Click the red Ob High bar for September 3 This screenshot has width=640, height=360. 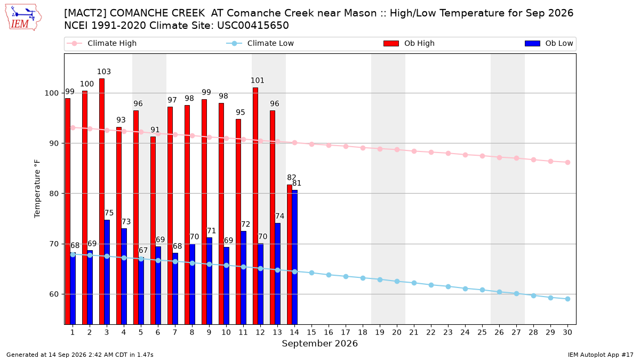coord(102,202)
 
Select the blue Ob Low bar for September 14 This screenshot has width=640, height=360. coord(294,257)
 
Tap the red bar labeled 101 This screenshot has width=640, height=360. coord(255,206)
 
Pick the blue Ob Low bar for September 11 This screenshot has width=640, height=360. coord(243,278)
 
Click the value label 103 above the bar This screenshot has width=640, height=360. coord(103,71)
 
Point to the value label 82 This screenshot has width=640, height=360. coord(291,178)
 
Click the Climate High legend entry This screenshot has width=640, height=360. coord(102,43)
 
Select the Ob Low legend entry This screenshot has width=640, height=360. coord(549,43)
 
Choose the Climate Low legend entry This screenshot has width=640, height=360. coord(260,43)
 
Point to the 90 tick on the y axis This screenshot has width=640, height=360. coord(54,143)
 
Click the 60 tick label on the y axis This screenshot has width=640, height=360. coord(54,294)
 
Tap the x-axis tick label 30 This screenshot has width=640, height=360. coord(567,332)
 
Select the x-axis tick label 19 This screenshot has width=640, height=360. coord(380,332)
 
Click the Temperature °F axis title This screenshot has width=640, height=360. coord(37,189)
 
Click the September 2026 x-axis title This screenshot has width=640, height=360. coord(319,343)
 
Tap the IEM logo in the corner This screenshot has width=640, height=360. coord(23,18)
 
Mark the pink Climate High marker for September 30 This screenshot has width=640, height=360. coord(567,162)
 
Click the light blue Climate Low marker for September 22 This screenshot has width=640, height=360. coord(431,285)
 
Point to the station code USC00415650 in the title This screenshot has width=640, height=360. coord(253,26)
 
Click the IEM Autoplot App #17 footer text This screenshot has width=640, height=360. coord(601,355)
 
